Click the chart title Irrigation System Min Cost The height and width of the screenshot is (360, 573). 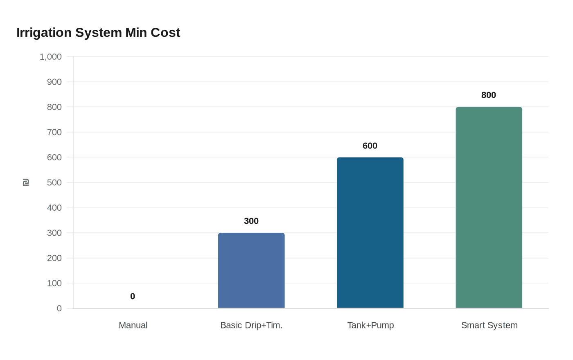point(98,33)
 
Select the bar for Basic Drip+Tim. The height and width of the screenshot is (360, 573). point(251,270)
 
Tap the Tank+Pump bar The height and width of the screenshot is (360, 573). point(370,233)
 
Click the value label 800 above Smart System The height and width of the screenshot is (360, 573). point(489,95)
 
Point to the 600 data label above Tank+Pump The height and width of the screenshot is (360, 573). point(370,146)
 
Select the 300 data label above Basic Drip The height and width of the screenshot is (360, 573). point(251,221)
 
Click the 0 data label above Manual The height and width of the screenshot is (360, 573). point(133,297)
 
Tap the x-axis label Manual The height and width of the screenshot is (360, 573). point(133,325)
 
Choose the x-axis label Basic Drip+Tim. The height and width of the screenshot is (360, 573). point(251,325)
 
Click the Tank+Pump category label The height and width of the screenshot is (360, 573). point(370,325)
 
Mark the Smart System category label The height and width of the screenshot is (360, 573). point(489,325)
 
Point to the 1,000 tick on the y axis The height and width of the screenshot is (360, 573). point(51,57)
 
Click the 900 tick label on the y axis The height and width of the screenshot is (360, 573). point(54,82)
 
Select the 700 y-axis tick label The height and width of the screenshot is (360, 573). point(54,132)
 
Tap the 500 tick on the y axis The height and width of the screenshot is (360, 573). point(54,182)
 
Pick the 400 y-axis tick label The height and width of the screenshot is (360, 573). point(54,208)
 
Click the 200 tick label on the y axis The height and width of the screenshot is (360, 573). point(54,258)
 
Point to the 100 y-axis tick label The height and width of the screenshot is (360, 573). point(54,283)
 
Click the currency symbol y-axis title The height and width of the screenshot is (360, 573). point(26,182)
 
